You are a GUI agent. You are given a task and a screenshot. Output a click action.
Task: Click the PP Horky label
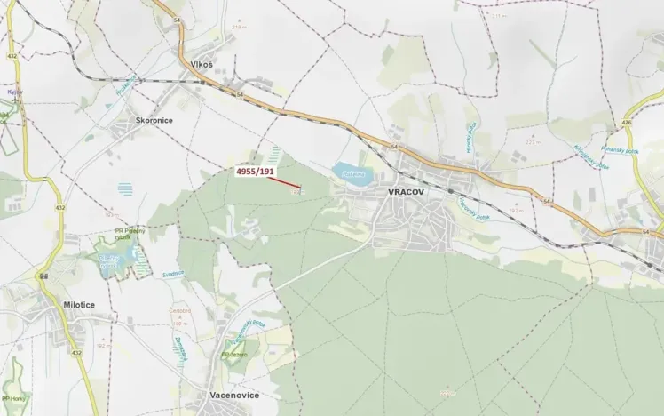[13, 398]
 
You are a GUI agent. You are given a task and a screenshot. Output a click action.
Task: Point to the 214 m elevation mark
[238, 27]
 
